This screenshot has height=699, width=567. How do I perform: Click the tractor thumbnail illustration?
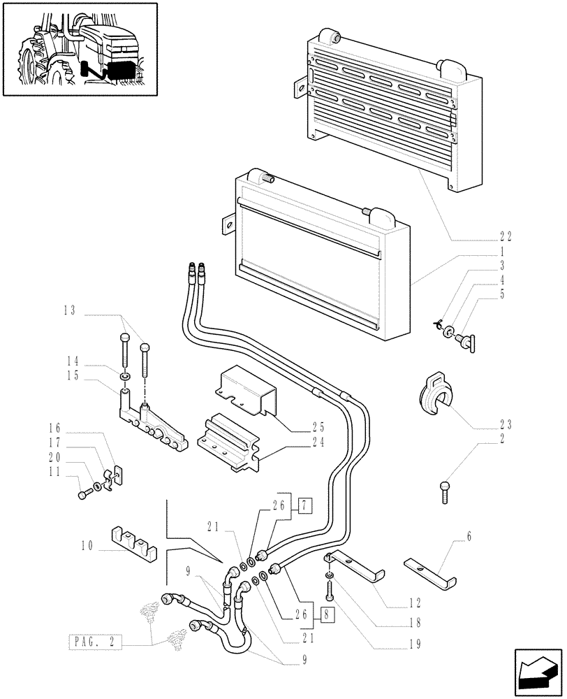[79, 49]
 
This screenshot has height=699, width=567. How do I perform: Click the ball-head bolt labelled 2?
[444, 492]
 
